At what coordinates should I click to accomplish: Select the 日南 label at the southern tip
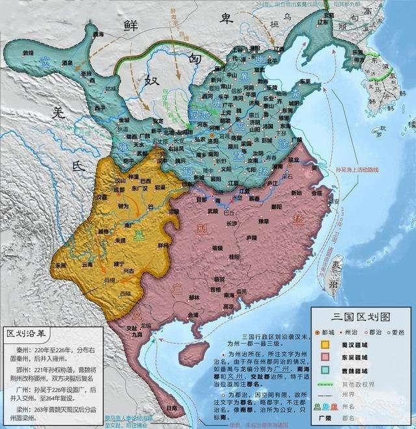[170, 408]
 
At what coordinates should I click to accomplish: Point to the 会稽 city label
[317, 193]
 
